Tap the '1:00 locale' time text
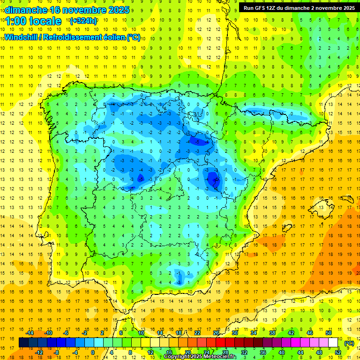coord(33,21)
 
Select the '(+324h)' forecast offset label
coord(83,21)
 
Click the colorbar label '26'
coord(216,333)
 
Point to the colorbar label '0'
coord(93,352)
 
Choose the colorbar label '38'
coord(272,333)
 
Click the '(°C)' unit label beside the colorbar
coord(349,343)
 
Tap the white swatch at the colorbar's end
coord(333,343)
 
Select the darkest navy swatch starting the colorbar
coord(24,343)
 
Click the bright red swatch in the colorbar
coord(221,343)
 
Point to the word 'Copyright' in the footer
coord(178,357)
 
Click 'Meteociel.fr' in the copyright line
coord(222,357)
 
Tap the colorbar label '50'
coord(329,333)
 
